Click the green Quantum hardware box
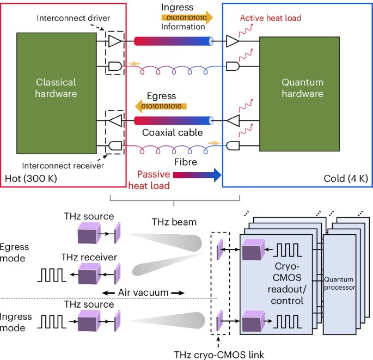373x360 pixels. coord(302,88)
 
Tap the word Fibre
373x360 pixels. coord(174,161)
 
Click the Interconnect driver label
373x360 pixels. coord(73,18)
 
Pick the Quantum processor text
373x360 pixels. coord(338,284)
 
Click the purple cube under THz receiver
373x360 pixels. coord(88,273)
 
